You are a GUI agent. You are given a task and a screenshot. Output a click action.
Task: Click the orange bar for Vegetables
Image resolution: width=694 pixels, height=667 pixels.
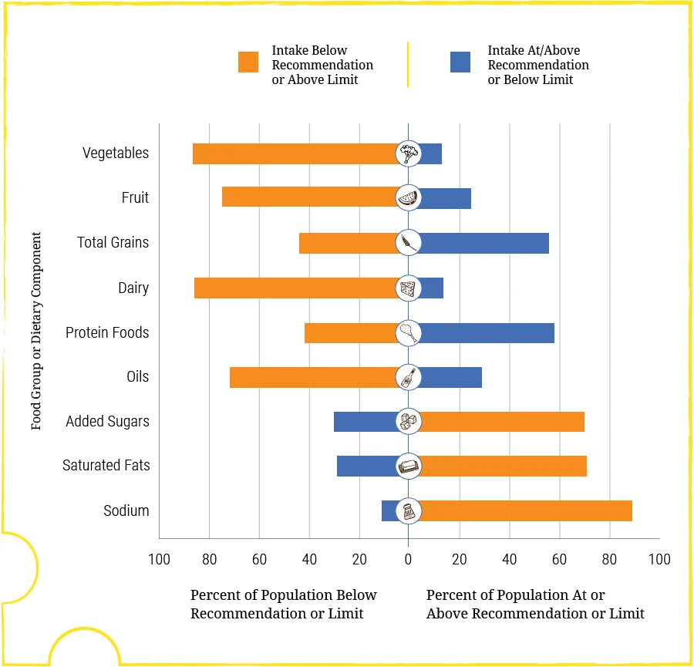point(293,153)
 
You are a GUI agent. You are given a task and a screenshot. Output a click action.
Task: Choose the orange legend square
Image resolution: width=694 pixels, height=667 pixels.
point(248,62)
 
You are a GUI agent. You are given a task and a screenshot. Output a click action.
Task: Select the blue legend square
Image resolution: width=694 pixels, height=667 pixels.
point(460,62)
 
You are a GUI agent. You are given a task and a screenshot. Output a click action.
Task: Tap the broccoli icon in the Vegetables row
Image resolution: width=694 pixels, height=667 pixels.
point(409,153)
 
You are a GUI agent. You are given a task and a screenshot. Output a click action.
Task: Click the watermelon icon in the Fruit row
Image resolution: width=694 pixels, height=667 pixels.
point(409,198)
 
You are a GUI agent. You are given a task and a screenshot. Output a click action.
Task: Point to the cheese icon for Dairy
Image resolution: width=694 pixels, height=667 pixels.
point(409,288)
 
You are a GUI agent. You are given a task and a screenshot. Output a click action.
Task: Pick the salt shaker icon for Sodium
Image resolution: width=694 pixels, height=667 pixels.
point(409,510)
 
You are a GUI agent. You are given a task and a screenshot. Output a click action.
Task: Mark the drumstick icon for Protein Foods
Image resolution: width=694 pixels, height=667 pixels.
point(409,333)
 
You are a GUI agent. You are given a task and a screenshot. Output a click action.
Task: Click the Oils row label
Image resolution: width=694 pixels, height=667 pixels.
point(138,377)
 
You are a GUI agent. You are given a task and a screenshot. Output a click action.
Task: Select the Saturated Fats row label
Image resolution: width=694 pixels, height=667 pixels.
point(106,466)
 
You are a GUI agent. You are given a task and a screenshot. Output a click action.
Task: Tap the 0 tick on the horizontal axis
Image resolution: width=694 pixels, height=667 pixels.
point(409,559)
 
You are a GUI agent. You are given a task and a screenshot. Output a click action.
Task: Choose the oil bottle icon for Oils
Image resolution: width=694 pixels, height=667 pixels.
point(409,377)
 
